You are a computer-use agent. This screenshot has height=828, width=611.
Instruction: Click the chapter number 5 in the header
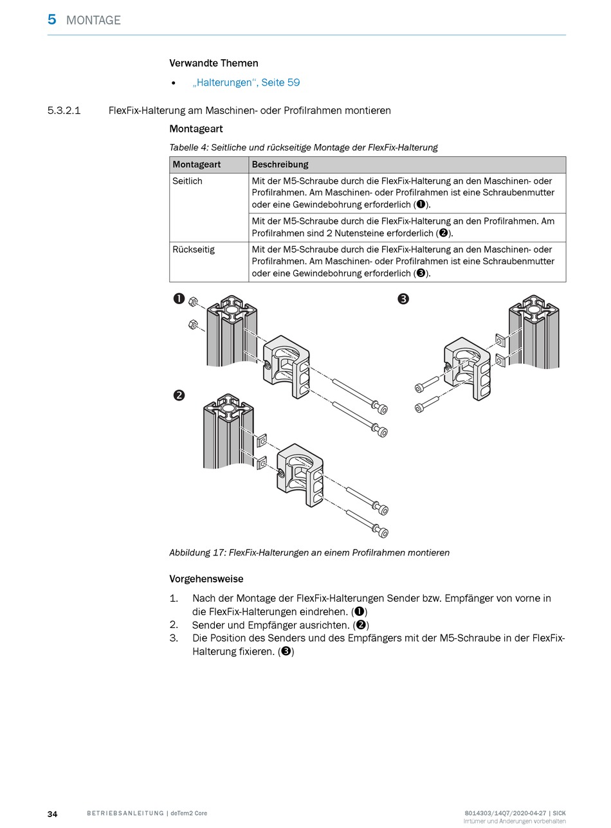coord(51,19)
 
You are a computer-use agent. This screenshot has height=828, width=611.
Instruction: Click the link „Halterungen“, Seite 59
coord(246,82)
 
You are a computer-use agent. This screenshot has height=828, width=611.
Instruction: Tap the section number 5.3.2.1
coord(64,111)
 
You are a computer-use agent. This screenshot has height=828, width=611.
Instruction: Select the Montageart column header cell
coord(197,165)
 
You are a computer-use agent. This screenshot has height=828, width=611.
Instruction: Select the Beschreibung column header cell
coord(280,165)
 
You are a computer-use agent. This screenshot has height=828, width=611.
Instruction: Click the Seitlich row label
coord(187,181)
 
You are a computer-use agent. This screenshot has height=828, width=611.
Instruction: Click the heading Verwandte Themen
coord(214,63)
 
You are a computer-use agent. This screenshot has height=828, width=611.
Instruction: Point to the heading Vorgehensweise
coord(206,579)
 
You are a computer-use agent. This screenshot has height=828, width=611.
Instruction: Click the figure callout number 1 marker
coord(179,299)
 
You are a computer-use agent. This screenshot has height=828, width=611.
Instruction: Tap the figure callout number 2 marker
coord(179,395)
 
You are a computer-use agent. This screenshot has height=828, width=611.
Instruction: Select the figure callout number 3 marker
coord(403,299)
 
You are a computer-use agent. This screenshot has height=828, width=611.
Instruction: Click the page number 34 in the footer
coord(53,814)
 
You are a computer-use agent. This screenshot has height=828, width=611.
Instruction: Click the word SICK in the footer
coord(559,813)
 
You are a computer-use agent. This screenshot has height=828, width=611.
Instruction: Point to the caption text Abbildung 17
coord(197,552)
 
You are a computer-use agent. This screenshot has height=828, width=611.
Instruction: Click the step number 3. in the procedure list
coord(174,638)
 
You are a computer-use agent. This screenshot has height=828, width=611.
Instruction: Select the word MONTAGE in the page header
coord(93,20)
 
